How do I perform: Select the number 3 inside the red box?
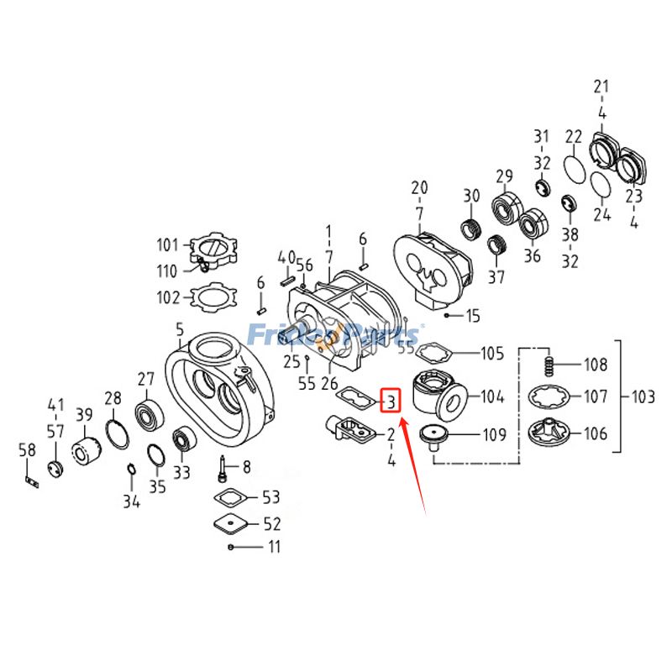point(391,402)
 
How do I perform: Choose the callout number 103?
point(644,396)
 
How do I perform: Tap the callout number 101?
point(168,245)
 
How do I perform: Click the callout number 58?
point(27,451)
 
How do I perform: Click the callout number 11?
point(274,547)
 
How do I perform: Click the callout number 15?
point(473,316)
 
